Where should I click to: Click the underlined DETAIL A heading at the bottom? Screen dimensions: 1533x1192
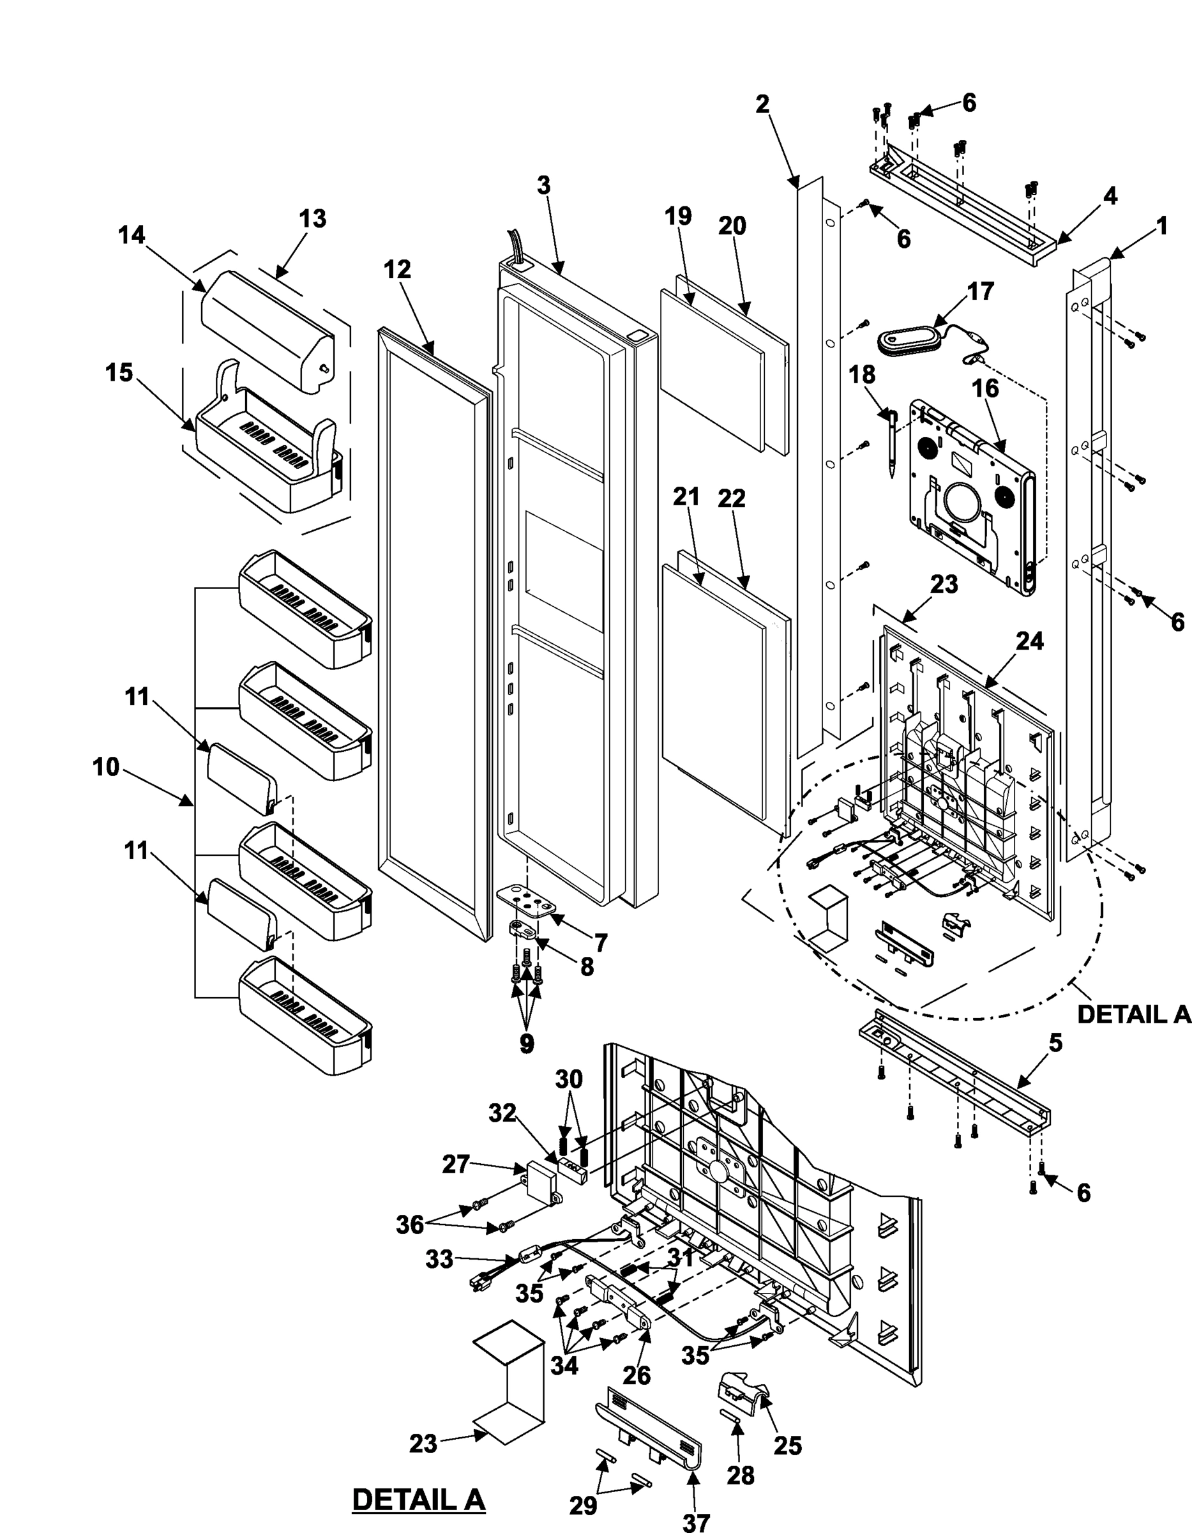418,1499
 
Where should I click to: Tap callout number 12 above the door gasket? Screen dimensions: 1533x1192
397,269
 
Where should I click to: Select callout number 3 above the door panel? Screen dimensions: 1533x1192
544,185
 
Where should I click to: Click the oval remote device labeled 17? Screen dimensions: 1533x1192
908,342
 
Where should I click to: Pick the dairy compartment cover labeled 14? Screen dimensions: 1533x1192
267,323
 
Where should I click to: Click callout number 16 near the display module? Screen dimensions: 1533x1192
985,388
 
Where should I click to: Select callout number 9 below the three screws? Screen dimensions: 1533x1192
526,1043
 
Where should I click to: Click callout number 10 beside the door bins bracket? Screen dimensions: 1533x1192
106,767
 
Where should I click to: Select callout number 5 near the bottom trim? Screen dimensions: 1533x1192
1056,1043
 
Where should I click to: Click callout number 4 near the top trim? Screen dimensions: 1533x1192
1111,196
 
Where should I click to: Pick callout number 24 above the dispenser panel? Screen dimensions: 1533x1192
1029,641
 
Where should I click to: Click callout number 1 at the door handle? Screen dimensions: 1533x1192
1162,226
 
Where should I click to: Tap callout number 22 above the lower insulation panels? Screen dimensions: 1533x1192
731,498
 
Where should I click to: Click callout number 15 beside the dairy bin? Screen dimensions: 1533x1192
119,373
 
